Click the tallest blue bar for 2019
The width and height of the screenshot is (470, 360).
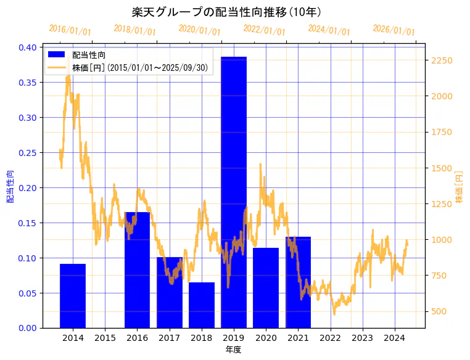[234, 192]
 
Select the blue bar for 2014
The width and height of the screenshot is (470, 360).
[73, 296]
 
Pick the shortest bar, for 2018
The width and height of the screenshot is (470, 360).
[202, 305]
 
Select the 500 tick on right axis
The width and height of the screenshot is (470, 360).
[440, 311]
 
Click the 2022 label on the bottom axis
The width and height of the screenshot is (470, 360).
[330, 338]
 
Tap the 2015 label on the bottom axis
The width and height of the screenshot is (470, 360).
[105, 338]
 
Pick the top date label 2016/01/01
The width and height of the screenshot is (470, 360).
[70, 30]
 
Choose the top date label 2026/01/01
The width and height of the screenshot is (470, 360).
[394, 30]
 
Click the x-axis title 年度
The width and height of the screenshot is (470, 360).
[233, 350]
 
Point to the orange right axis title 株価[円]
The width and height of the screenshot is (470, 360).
[458, 187]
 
